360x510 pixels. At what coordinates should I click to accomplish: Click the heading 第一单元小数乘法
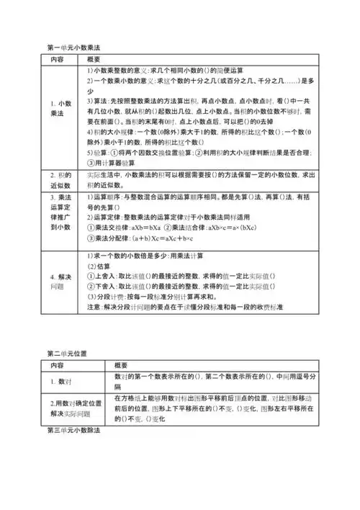71,48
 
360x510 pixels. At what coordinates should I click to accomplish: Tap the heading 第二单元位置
67,354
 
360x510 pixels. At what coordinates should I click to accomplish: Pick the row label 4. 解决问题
62,281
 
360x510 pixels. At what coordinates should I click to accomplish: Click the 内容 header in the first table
58,59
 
